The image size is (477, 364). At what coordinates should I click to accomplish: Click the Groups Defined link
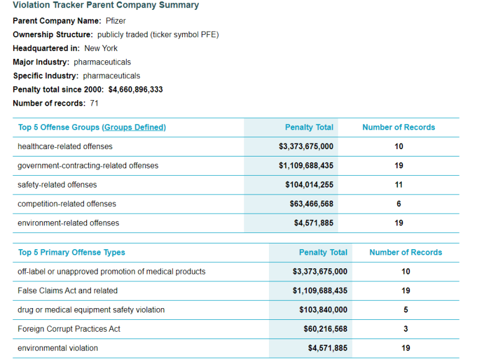tap(134, 127)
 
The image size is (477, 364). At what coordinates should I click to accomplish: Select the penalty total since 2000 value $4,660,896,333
tap(135, 89)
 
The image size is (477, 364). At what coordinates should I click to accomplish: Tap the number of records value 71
tap(94, 103)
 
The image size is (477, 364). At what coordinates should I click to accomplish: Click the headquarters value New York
tap(101, 48)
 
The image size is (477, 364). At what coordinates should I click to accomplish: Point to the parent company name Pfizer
tap(116, 21)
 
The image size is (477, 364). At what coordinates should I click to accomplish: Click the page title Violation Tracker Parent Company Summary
tap(106, 6)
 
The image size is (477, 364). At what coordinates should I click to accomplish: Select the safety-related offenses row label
tap(57, 184)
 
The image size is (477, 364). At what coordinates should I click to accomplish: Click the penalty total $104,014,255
tap(309, 184)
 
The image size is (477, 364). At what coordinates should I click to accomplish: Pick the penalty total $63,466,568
tap(311, 204)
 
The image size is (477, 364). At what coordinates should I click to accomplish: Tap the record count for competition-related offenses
tap(399, 204)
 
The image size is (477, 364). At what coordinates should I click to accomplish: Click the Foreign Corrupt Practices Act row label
tap(69, 329)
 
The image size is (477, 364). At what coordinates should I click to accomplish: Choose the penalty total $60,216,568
tap(325, 329)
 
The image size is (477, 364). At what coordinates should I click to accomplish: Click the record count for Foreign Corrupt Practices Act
tap(406, 329)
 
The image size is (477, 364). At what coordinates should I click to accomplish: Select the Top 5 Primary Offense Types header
tap(71, 253)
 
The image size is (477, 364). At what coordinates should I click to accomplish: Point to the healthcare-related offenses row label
tap(65, 147)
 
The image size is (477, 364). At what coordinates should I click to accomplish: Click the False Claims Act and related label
tap(68, 291)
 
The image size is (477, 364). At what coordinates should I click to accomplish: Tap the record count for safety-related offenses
tap(399, 184)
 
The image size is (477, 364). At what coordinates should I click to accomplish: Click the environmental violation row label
tap(58, 348)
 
